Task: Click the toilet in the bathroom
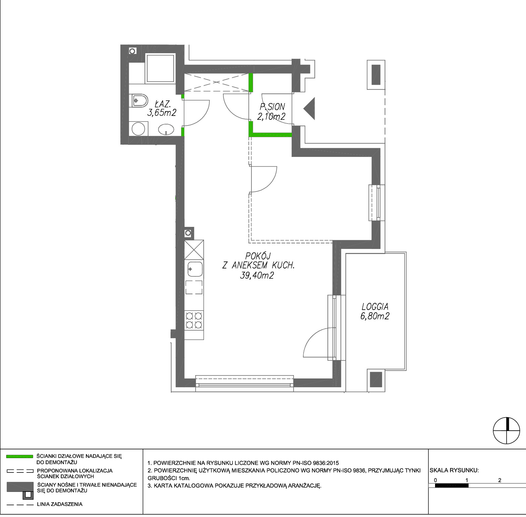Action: tap(138, 100)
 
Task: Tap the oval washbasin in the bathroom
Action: tap(166, 130)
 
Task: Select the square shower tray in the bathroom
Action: tap(161, 68)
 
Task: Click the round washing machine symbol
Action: tap(138, 129)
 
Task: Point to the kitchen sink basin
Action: tap(195, 269)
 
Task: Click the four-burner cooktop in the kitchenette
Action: tap(194, 320)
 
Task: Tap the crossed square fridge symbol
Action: tap(194, 250)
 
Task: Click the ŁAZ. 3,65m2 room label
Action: tap(162, 108)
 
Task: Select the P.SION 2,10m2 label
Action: tap(271, 112)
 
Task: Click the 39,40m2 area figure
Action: tap(257, 275)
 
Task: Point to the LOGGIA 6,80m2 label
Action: tap(375, 311)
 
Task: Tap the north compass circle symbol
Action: tap(507, 431)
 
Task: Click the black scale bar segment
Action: tap(451, 485)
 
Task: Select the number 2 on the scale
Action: tap(500, 480)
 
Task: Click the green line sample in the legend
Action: tap(20, 456)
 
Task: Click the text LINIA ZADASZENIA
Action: tap(60, 504)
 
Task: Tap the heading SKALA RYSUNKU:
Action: tap(454, 470)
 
